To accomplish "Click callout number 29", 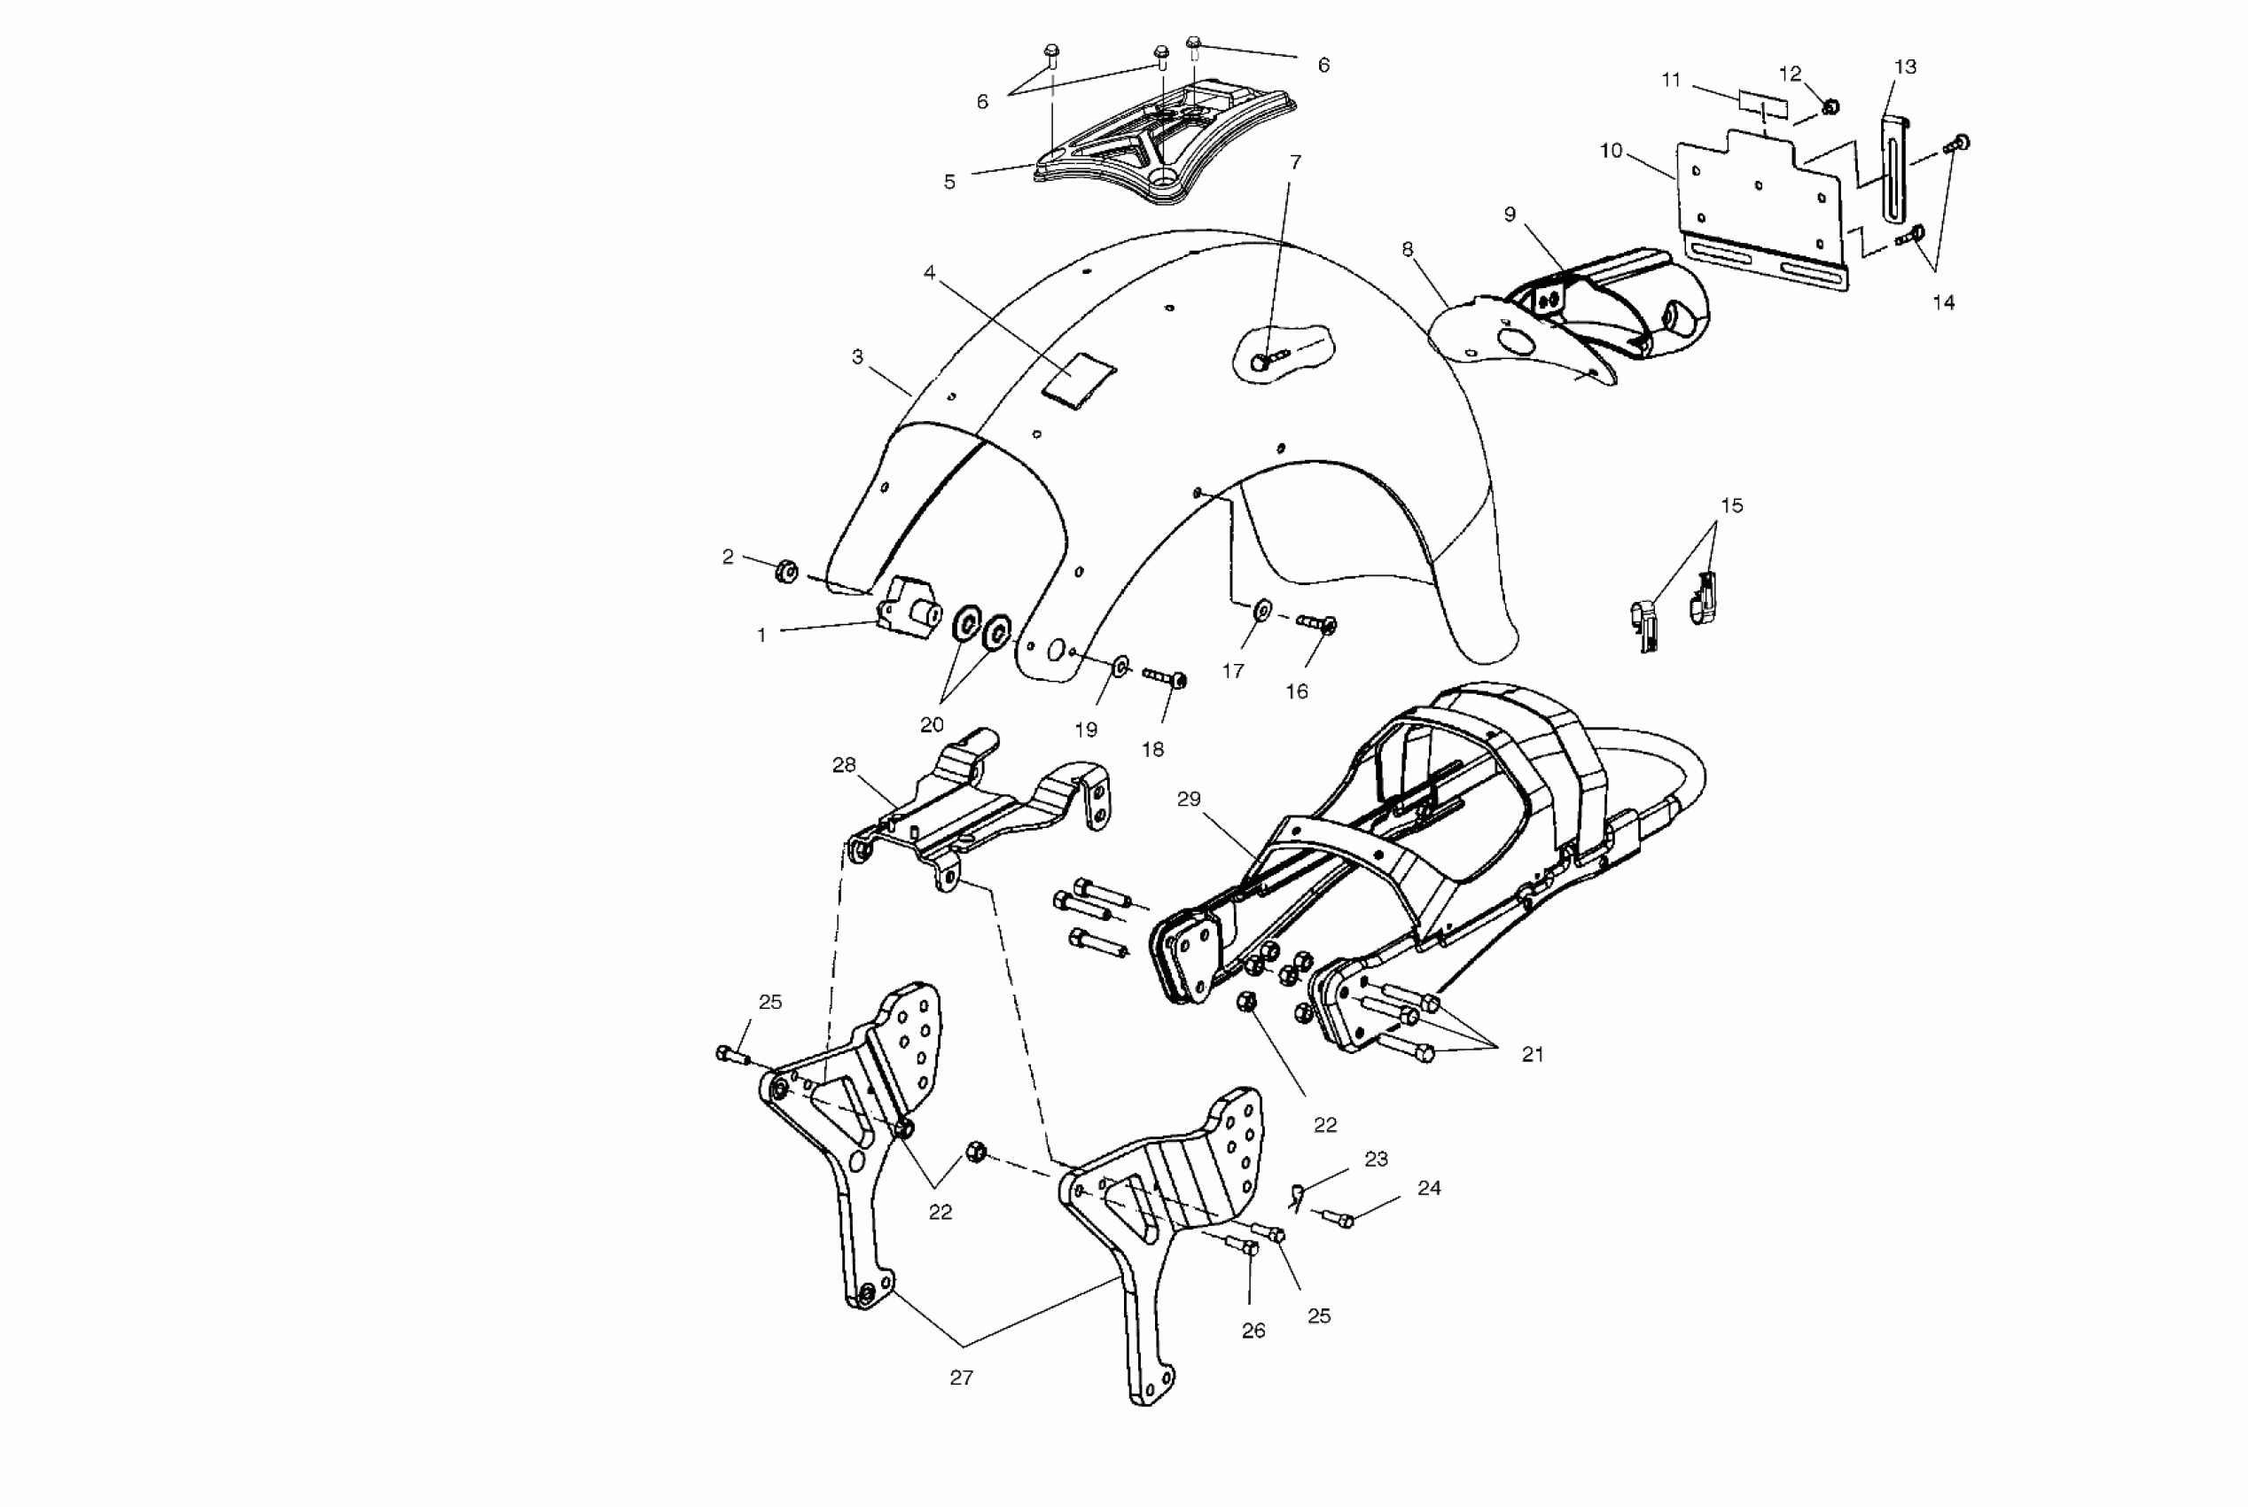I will click(1189, 799).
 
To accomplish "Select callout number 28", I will click(844, 765).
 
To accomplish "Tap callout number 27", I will click(961, 1378).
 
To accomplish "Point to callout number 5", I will click(949, 182).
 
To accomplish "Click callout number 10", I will click(1611, 151).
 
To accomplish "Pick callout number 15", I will click(1731, 505).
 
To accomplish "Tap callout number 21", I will click(1532, 1054).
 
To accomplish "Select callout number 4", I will click(929, 273).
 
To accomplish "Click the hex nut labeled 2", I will click(786, 573).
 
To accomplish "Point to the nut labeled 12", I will click(1830, 106).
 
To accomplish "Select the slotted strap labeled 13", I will click(1893, 168).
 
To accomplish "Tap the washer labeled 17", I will click(1262, 608).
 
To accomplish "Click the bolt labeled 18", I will click(1165, 677).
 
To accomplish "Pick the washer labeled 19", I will click(1120, 665).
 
